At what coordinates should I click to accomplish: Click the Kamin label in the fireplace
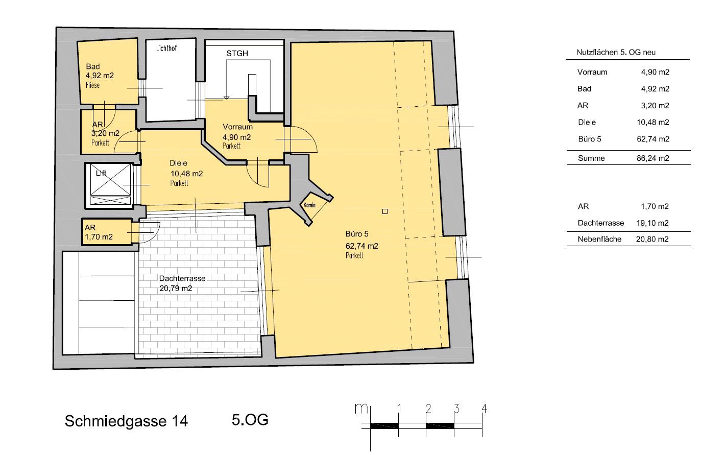click(309, 205)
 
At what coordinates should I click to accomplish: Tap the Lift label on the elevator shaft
click(101, 174)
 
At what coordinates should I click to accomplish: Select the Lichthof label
click(166, 48)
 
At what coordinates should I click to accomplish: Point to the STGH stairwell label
click(237, 54)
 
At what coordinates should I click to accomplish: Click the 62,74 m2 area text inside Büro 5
click(362, 246)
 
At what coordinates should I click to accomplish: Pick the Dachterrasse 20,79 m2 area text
click(176, 289)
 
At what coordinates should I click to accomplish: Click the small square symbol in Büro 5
click(385, 211)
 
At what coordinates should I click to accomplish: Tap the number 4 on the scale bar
click(484, 409)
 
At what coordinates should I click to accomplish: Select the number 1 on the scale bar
click(399, 409)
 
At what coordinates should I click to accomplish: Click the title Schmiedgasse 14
click(126, 421)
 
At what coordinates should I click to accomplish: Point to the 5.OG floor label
click(250, 420)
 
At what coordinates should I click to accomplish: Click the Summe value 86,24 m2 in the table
click(653, 158)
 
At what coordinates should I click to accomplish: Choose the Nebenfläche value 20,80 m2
click(652, 239)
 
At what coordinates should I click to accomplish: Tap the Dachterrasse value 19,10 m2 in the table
click(652, 223)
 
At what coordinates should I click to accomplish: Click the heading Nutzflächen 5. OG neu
click(616, 53)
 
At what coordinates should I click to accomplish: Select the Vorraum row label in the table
click(592, 72)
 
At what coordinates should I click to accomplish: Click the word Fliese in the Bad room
click(92, 85)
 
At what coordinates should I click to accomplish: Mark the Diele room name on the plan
click(178, 163)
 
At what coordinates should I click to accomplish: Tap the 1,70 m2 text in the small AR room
click(99, 237)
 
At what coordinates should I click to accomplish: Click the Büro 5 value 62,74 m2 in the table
click(653, 139)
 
